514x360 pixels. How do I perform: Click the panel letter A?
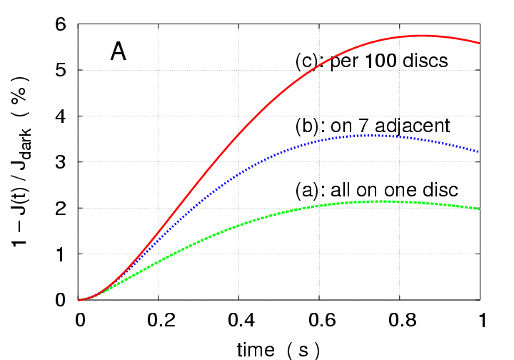119,52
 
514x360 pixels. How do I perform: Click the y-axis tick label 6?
61,24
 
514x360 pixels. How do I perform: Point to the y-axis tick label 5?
61,70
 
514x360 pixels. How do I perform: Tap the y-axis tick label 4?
61,116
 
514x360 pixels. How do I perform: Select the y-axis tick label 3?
61,162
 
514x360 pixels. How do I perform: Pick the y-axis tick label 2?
61,208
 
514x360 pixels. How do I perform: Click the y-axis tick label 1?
61,254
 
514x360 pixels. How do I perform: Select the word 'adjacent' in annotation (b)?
415,126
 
